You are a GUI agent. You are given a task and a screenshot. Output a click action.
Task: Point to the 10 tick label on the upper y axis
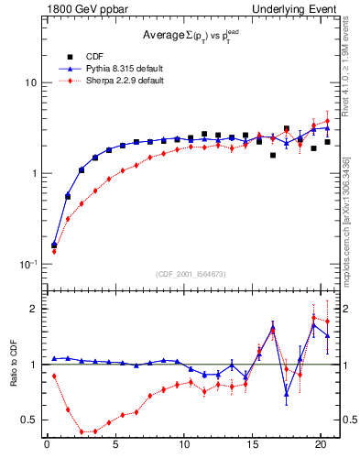(29, 82)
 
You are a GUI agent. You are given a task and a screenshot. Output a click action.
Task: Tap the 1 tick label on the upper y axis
(32, 173)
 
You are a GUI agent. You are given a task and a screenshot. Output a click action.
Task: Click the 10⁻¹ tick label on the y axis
(27, 264)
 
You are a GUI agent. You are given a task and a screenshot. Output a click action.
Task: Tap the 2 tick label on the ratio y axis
(32, 309)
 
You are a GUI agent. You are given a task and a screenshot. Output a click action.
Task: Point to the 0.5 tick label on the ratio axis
(28, 420)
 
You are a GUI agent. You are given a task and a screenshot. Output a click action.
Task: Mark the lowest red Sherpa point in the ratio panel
(82, 431)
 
